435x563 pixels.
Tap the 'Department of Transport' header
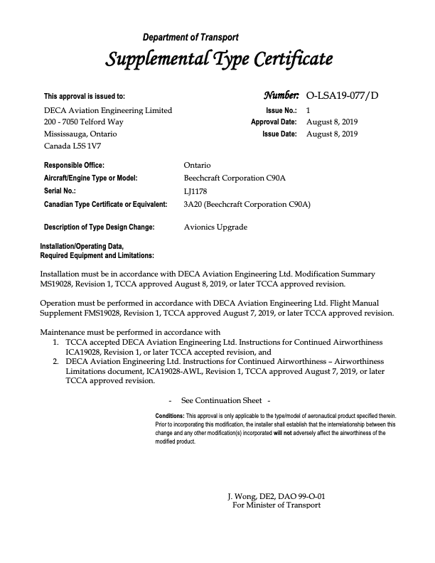pyautogui.click(x=190, y=37)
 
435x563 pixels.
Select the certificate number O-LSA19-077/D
pyautogui.click(x=342, y=95)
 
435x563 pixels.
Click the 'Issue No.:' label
pyautogui.click(x=281, y=110)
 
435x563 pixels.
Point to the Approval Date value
pyautogui.click(x=332, y=122)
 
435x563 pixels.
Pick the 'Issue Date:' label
pyautogui.click(x=279, y=134)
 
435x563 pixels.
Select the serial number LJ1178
pyautogui.click(x=195, y=191)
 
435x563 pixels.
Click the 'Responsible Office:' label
pyautogui.click(x=75, y=165)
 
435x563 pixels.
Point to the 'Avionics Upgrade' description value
pyautogui.click(x=215, y=227)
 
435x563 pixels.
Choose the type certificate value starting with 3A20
pyautogui.click(x=247, y=204)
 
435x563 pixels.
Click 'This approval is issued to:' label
pyautogui.click(x=85, y=96)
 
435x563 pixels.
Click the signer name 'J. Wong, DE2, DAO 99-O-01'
pyautogui.click(x=276, y=495)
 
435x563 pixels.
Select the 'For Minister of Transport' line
pyautogui.click(x=276, y=505)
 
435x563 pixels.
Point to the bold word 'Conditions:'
pyautogui.click(x=170, y=415)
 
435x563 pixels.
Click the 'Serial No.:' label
pyautogui.click(x=60, y=191)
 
